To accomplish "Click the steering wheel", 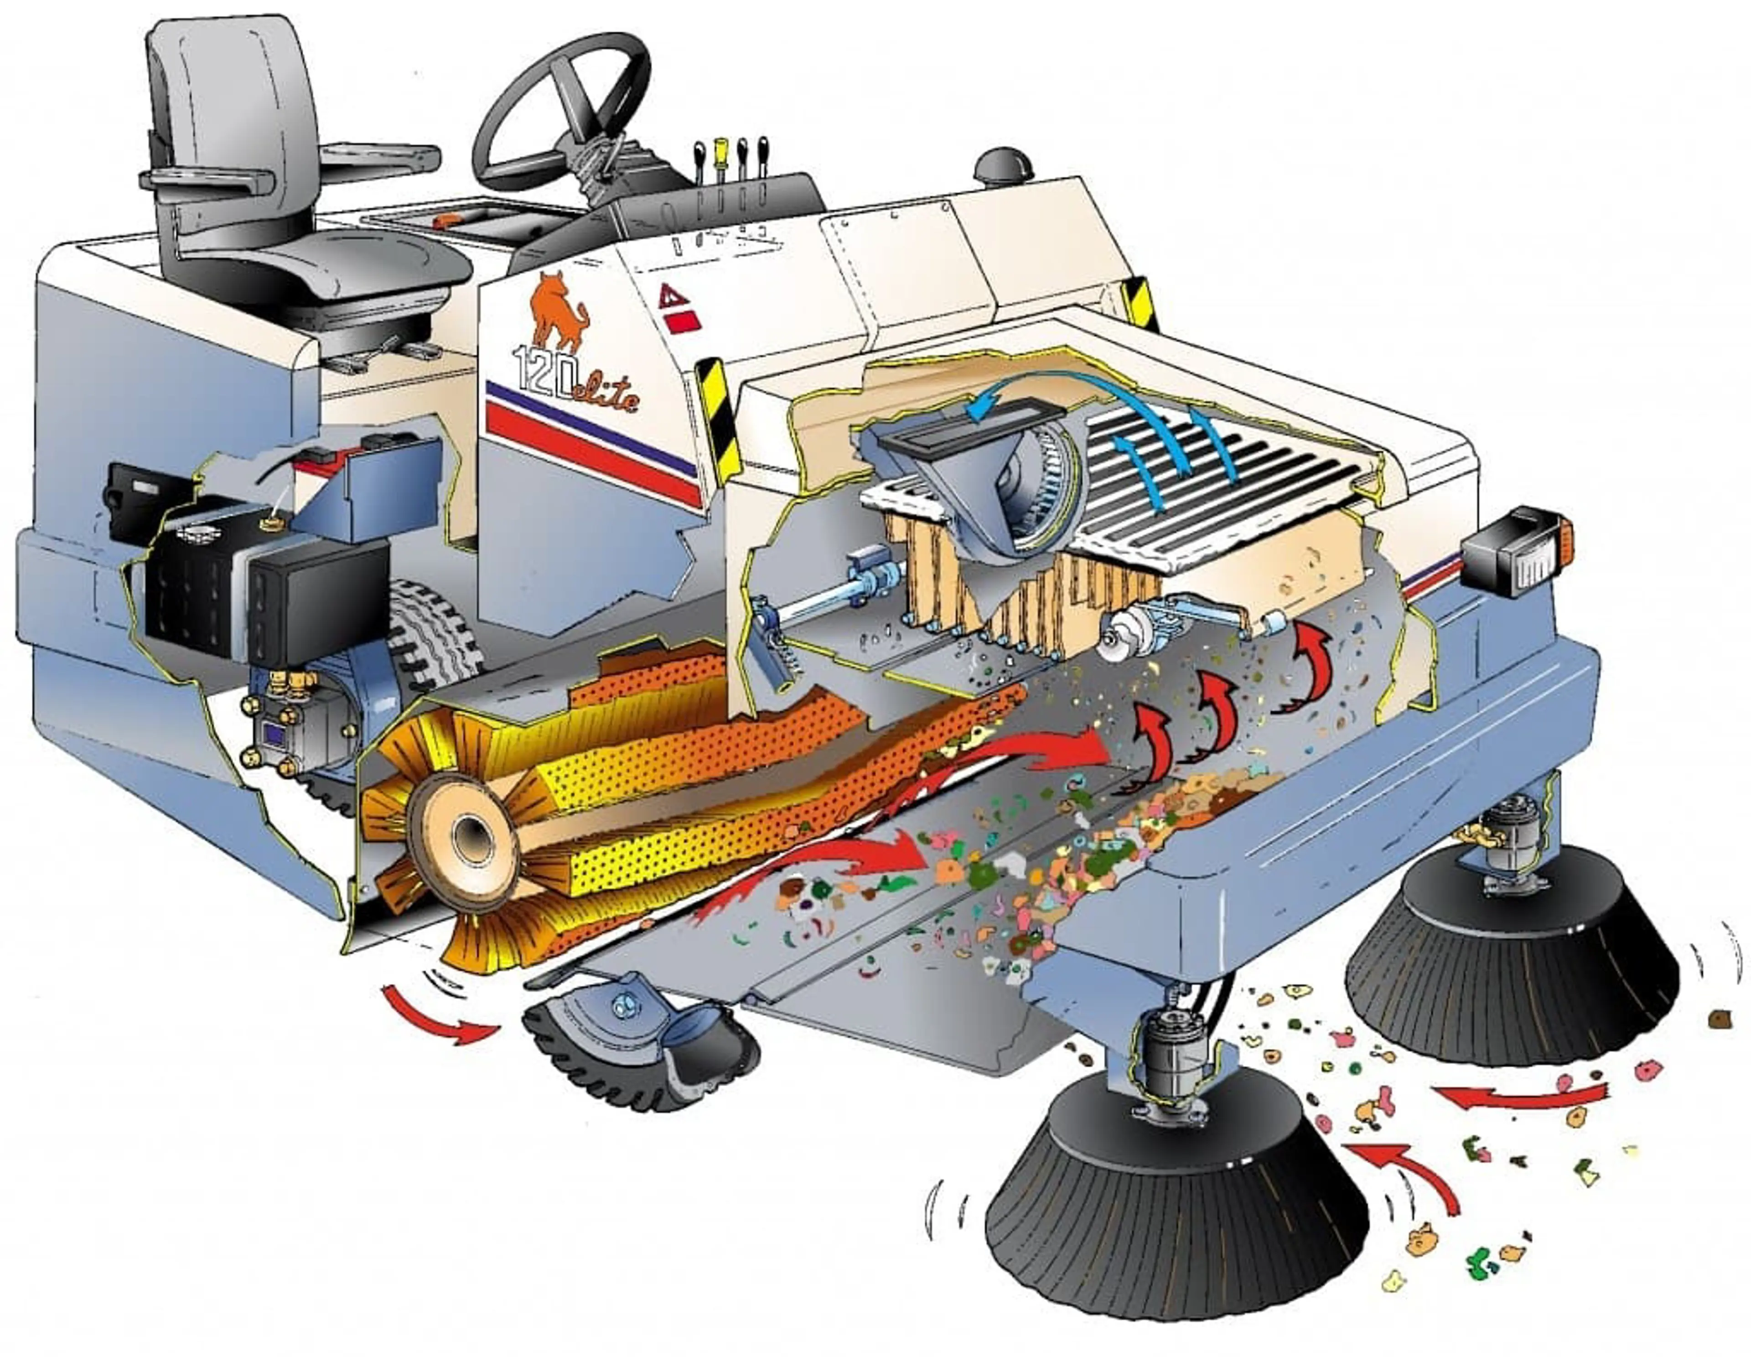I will coord(561,104).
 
